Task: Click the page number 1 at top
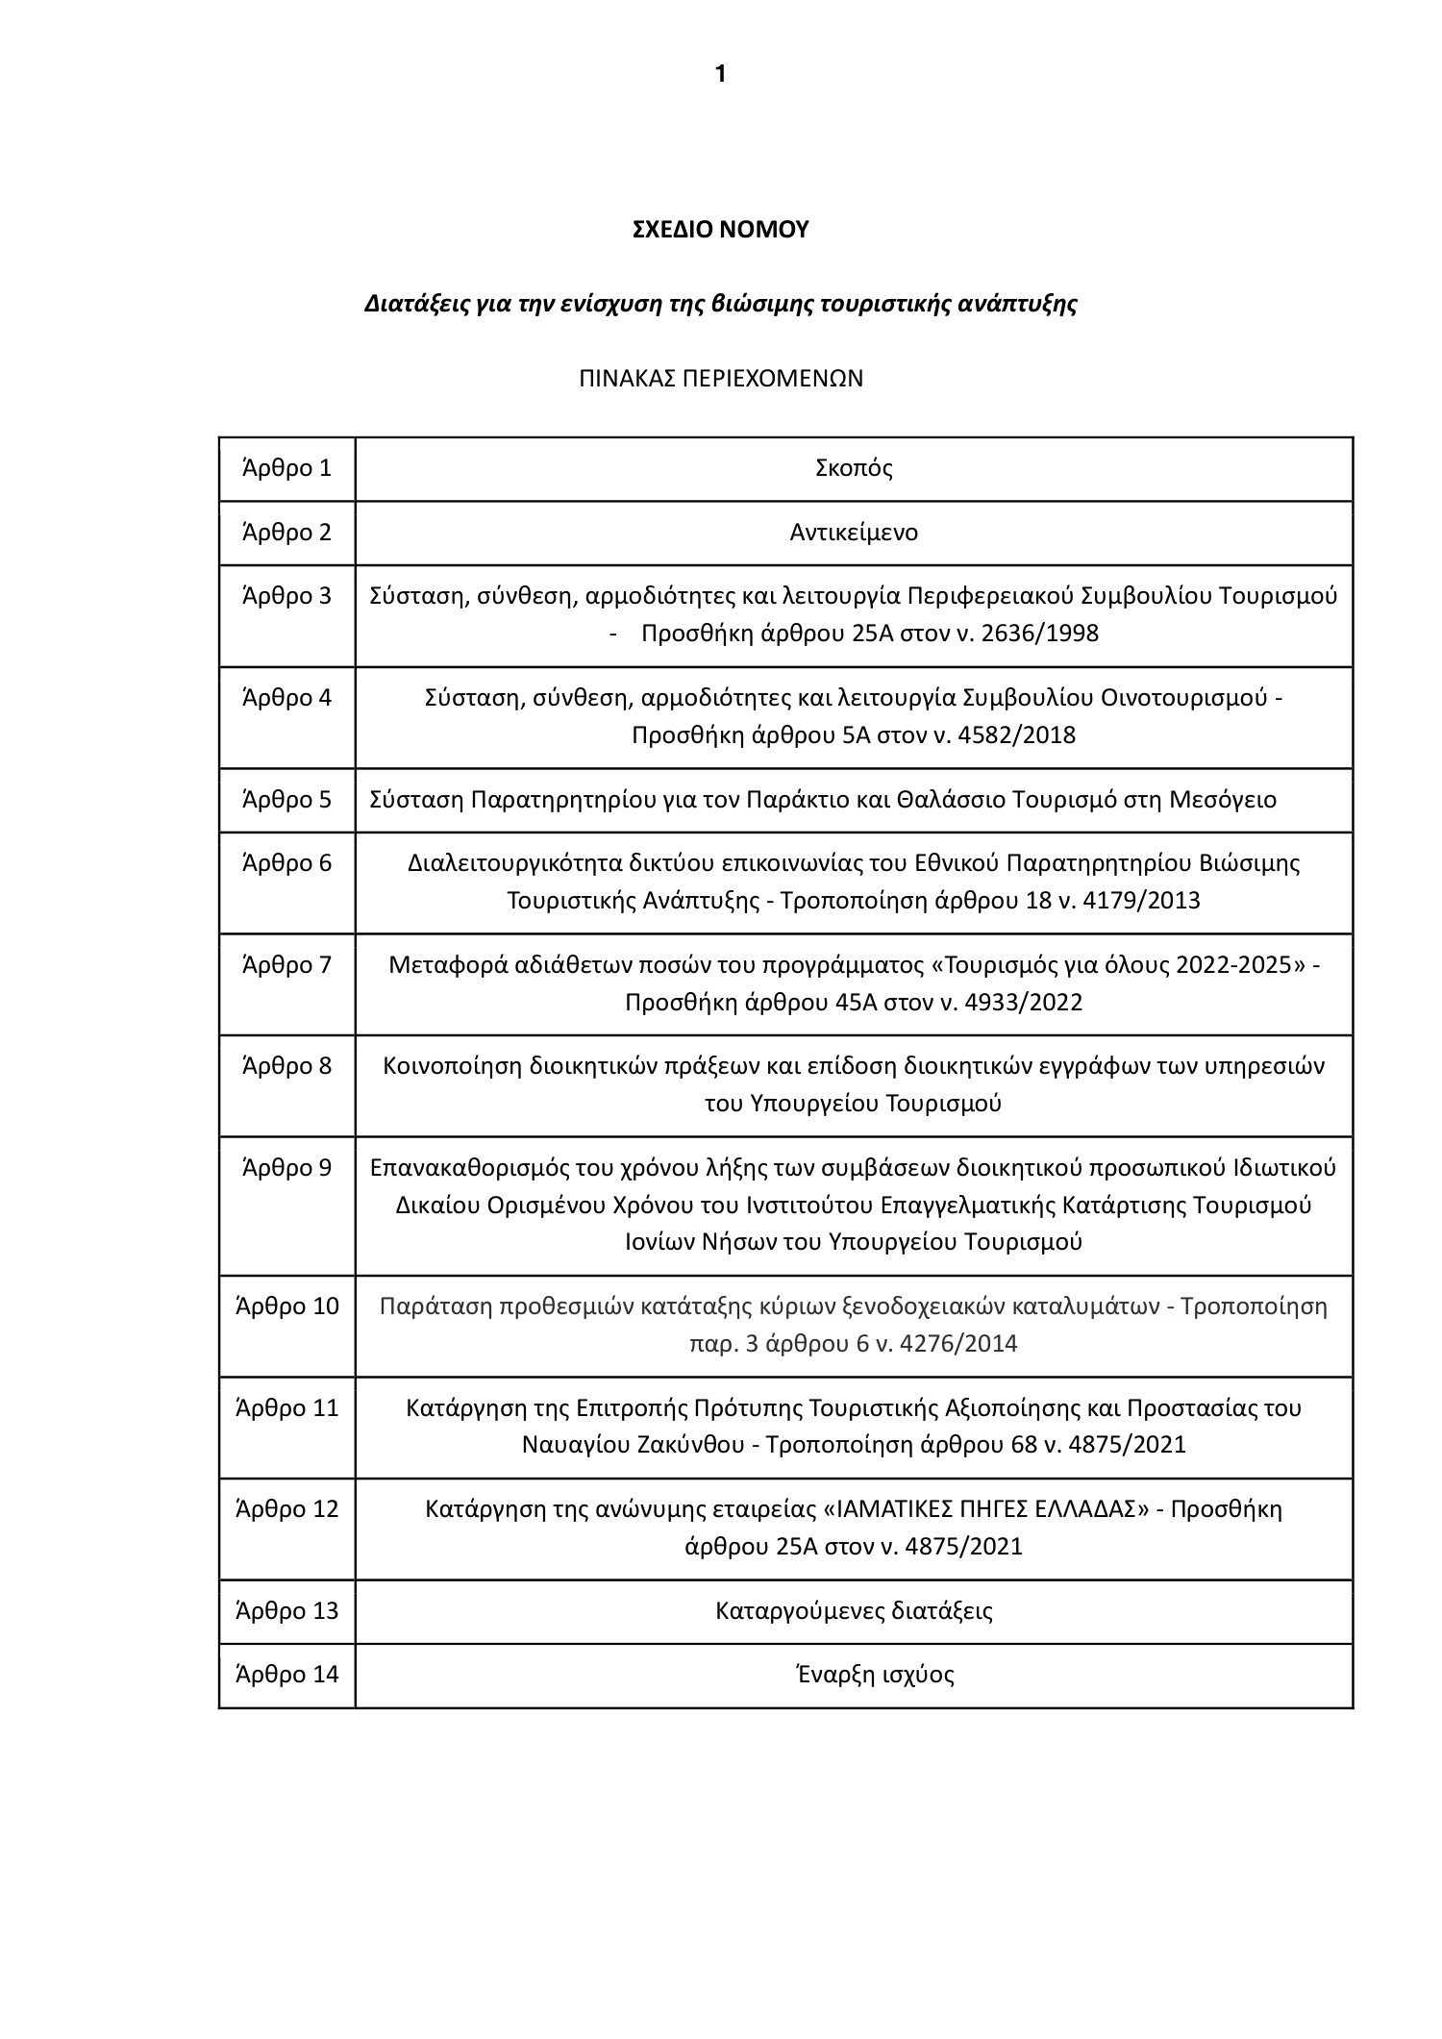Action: pos(720,75)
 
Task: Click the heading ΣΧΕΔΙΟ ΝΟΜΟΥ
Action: pos(720,230)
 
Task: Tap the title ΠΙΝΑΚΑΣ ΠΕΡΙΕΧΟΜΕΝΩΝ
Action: pos(720,379)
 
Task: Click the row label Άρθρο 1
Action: pos(286,468)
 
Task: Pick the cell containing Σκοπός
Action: pos(854,469)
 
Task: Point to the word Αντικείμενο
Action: pos(854,533)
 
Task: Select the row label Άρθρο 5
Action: pos(286,800)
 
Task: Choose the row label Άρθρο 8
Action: pos(286,1066)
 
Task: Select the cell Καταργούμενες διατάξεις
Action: pos(854,1610)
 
